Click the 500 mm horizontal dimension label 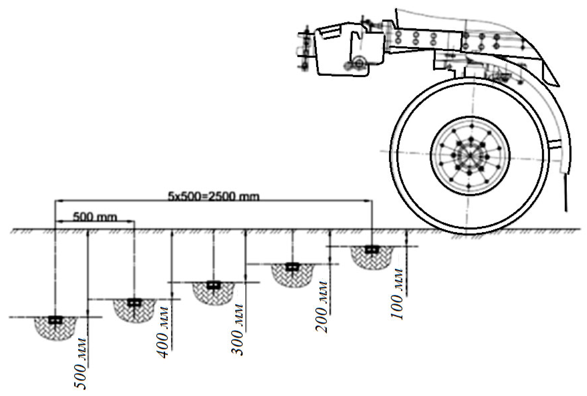[95, 217]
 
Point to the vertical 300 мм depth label [237, 330]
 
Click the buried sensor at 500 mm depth [55, 320]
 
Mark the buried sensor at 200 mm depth [292, 267]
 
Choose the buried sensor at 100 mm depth [372, 249]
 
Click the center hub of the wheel [470, 155]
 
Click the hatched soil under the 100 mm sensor [372, 261]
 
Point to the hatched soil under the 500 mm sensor [55, 332]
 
